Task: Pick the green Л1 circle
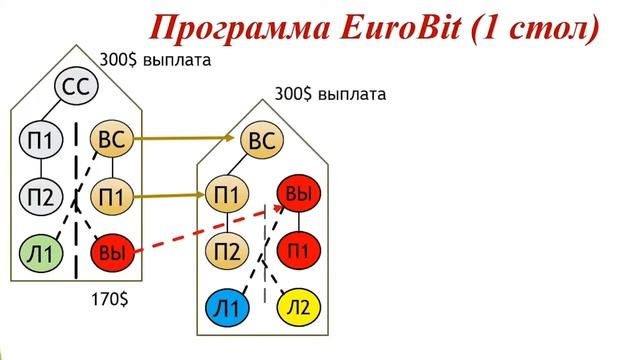coord(41,253)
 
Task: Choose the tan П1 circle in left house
coord(111,196)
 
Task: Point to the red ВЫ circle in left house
coord(111,254)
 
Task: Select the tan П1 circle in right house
coord(227,192)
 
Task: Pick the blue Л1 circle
coord(227,309)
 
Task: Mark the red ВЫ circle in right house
coord(297,193)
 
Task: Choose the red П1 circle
coord(298,248)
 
